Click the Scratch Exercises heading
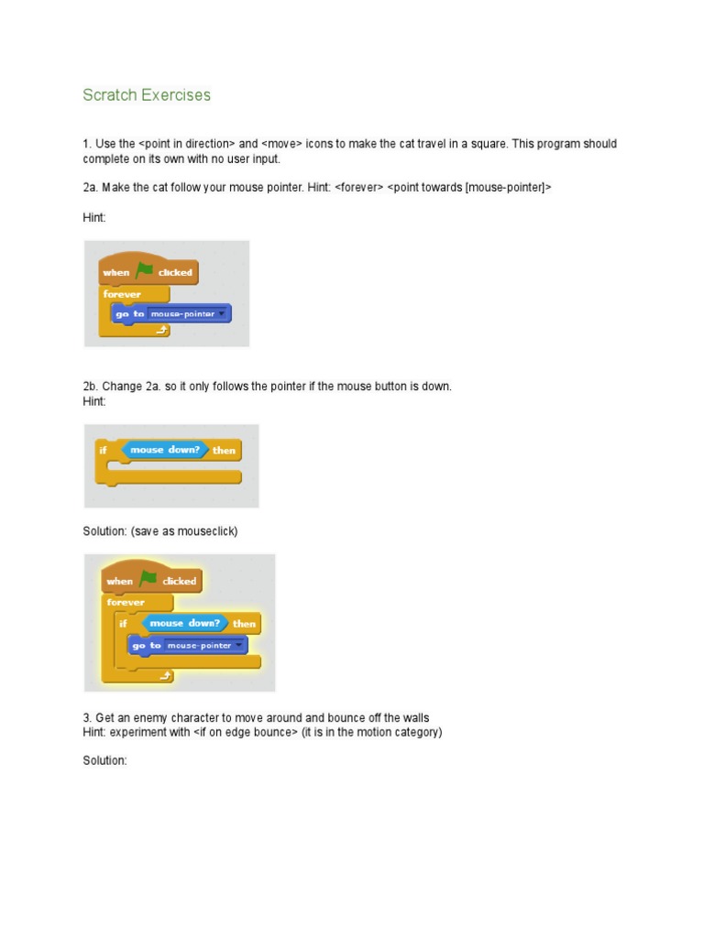coord(147,95)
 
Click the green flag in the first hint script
coord(145,270)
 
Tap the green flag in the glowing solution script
coord(148,579)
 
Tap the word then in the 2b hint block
coord(224,451)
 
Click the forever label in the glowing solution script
coord(126,602)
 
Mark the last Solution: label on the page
coord(104,761)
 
